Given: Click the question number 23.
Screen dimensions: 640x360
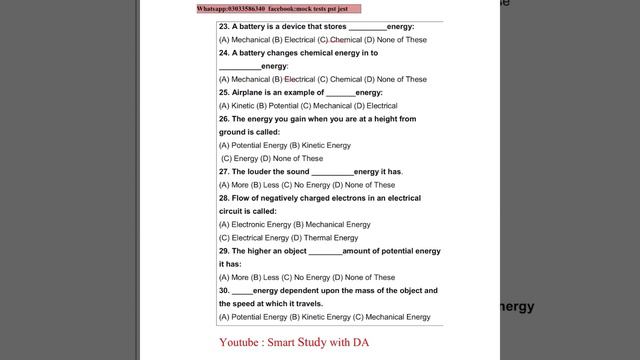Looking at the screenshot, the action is click(x=224, y=26).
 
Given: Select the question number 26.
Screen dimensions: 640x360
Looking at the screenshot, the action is click(x=224, y=119).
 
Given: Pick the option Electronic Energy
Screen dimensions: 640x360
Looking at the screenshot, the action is click(x=250, y=225).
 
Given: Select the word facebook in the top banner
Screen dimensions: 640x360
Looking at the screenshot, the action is click(x=300, y=8).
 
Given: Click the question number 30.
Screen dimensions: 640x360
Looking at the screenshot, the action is click(x=224, y=290).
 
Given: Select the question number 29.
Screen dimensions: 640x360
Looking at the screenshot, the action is click(x=224, y=251).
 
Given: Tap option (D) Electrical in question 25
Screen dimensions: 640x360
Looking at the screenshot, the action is click(x=374, y=105).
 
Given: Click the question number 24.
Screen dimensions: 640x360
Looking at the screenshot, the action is click(x=224, y=53).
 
